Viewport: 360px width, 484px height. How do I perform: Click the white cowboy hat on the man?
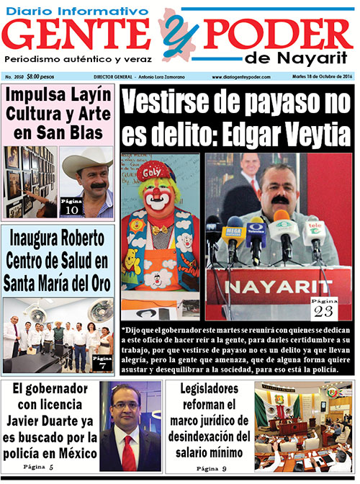click(89, 163)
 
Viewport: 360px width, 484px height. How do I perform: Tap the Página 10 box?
click(71, 206)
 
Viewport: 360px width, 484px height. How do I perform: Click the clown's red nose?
click(159, 199)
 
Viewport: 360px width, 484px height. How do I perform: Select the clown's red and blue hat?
click(158, 172)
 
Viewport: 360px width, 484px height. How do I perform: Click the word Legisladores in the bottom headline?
click(212, 390)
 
